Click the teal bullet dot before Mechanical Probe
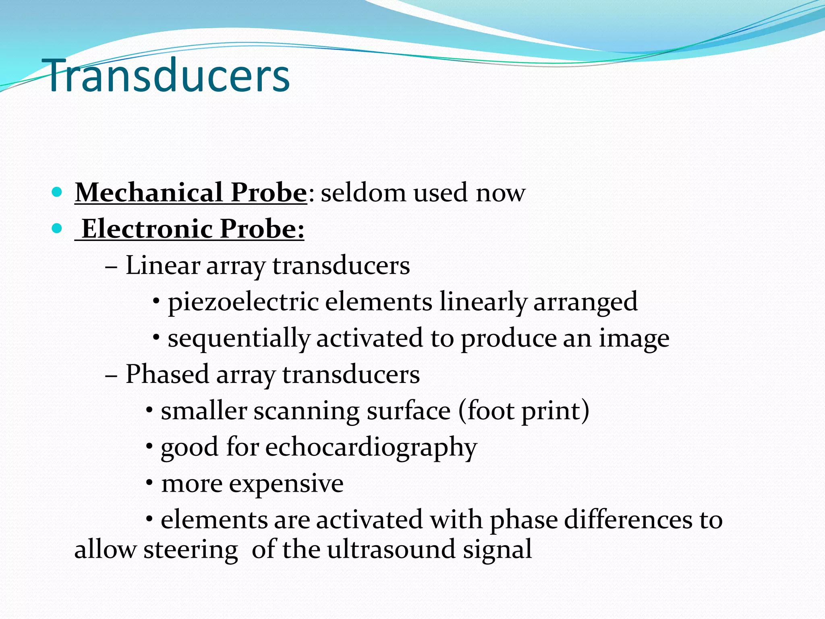point(57,192)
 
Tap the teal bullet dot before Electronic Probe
point(57,228)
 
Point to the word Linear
point(163,266)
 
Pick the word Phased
point(167,374)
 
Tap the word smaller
point(204,411)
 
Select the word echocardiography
point(371,448)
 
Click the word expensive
point(286,483)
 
